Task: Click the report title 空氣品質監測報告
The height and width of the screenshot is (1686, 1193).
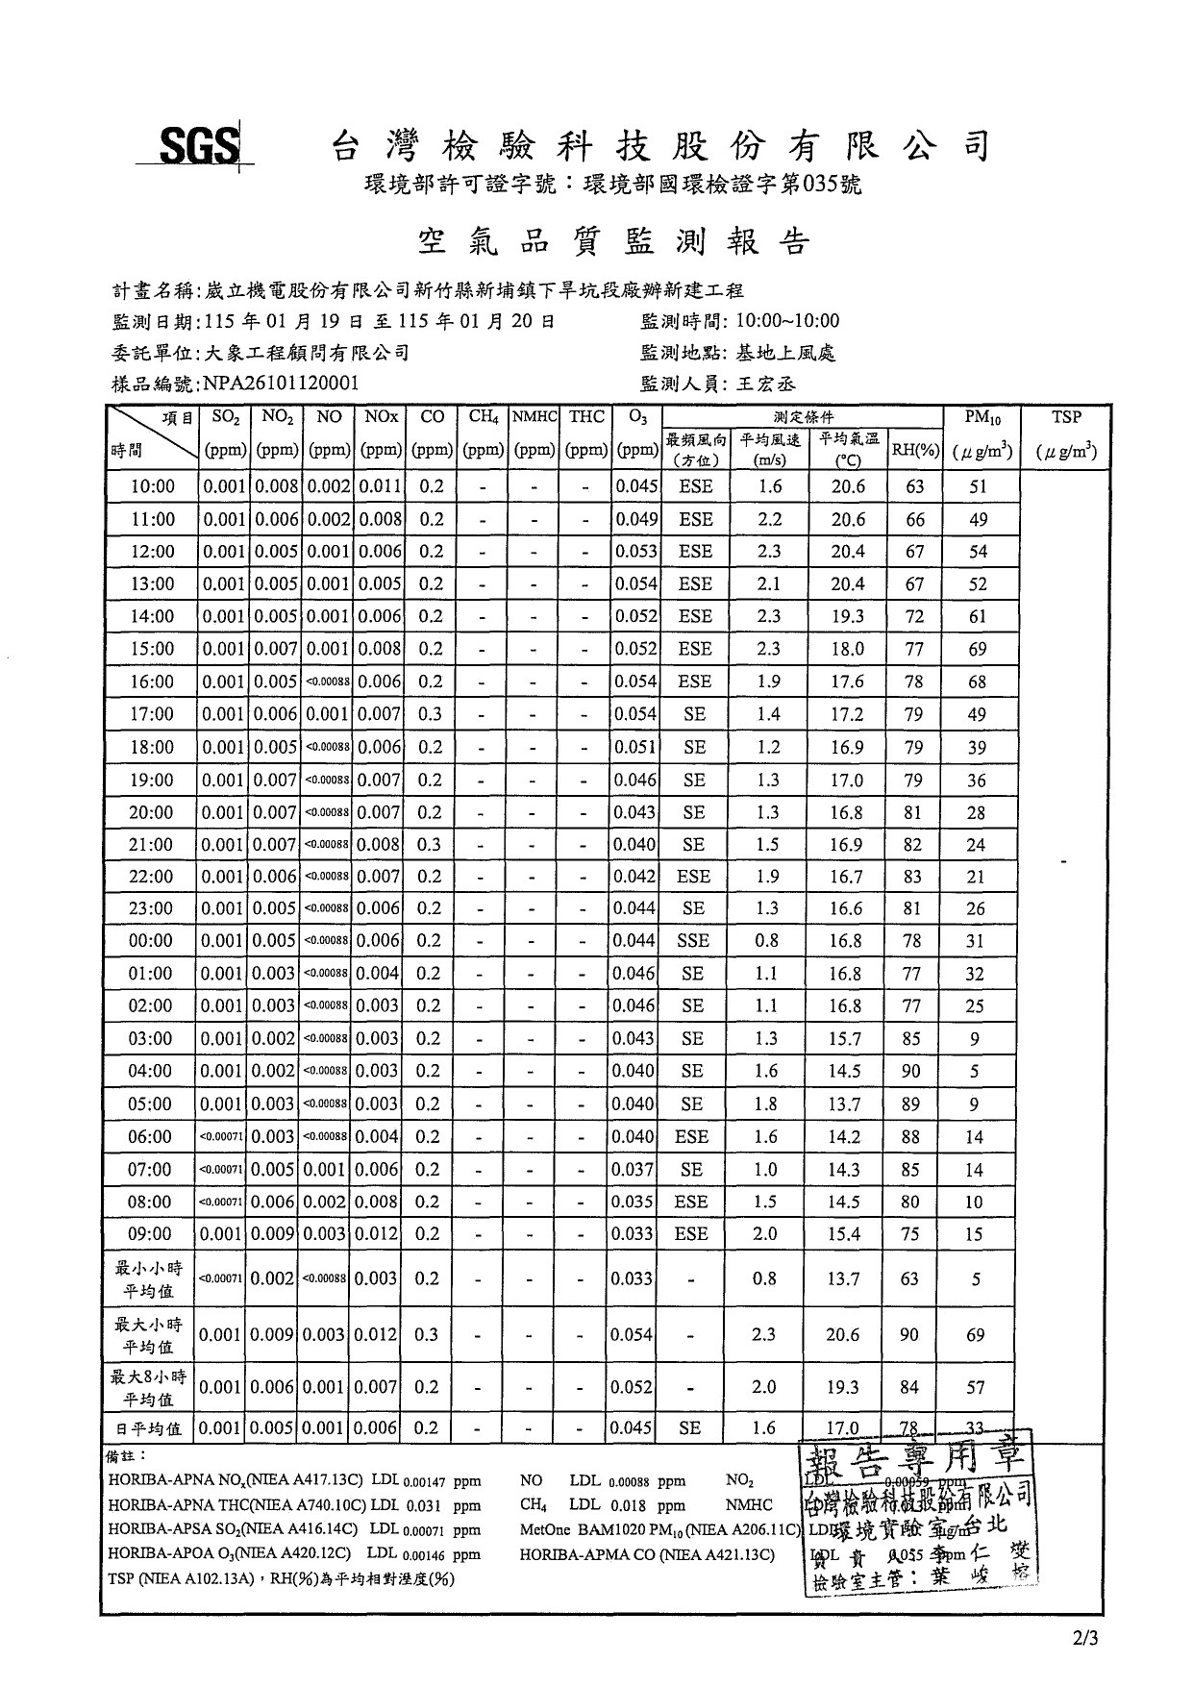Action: point(614,242)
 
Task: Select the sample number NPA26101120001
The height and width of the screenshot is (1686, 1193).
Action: point(282,384)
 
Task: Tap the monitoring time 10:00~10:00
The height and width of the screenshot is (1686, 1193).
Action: point(787,321)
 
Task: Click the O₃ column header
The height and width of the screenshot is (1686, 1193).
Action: point(636,417)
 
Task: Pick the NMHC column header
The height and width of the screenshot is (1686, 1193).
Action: point(534,417)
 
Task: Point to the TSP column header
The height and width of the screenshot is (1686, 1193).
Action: point(1066,417)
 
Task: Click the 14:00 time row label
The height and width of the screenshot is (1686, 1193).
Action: point(152,617)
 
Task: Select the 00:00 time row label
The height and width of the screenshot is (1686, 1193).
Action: point(151,941)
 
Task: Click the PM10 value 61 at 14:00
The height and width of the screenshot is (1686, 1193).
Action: point(977,617)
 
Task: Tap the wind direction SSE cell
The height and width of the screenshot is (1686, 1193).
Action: point(693,941)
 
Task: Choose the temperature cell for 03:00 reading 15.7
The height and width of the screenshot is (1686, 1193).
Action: point(845,1039)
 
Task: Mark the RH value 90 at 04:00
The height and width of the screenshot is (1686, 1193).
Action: point(911,1072)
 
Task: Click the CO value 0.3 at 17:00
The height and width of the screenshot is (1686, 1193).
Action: point(431,714)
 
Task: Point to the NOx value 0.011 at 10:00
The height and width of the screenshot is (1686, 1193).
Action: point(380,486)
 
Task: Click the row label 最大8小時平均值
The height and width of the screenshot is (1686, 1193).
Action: point(148,1388)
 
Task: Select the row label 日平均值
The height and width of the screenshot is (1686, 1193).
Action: point(149,1429)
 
